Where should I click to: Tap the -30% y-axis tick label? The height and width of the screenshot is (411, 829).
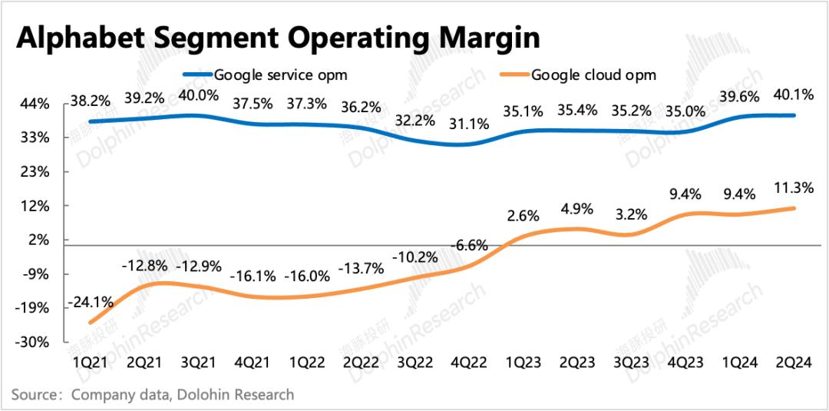(34, 342)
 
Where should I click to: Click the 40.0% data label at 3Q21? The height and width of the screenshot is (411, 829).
(198, 96)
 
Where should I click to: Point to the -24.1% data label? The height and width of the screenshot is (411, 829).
(91, 303)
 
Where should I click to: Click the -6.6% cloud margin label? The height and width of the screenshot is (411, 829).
(468, 246)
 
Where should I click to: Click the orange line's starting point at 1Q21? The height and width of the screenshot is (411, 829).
(91, 323)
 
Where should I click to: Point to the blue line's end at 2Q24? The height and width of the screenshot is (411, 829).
(794, 115)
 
